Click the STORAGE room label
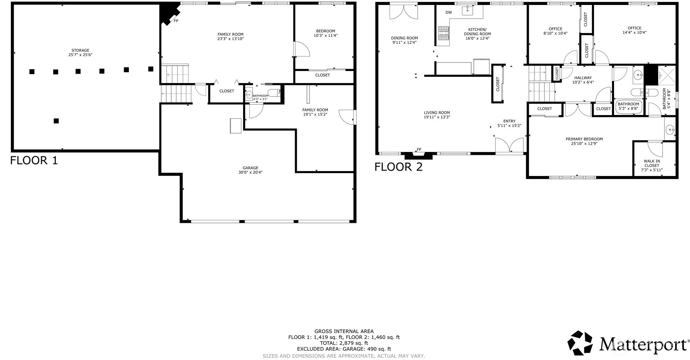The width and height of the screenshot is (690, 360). (80, 50)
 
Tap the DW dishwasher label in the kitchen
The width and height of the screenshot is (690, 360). (449, 13)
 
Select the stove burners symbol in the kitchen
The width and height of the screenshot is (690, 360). (444, 33)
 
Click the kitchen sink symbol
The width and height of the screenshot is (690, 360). (467, 10)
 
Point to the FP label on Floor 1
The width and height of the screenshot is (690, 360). (176, 21)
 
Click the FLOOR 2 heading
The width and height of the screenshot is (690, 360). (399, 167)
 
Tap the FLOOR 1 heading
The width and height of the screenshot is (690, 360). (34, 160)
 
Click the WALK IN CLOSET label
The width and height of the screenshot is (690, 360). (652, 163)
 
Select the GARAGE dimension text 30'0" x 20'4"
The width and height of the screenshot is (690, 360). (250, 172)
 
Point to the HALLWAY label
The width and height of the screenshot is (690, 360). (583, 78)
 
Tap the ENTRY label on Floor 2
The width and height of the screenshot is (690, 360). (509, 121)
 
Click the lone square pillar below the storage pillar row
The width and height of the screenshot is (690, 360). (56, 121)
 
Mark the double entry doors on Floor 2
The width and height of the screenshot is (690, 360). (509, 146)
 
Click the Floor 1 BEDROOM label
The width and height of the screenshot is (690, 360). (326, 31)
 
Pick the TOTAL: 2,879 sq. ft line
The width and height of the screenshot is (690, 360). (344, 343)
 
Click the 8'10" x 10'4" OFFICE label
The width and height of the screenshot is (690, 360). (555, 29)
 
